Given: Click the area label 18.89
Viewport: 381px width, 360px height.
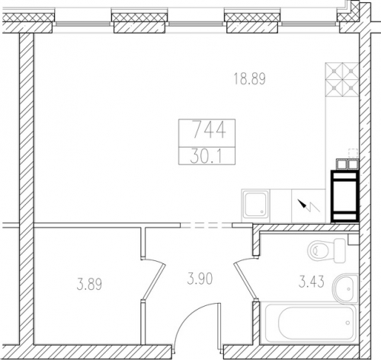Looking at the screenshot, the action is (x=249, y=78).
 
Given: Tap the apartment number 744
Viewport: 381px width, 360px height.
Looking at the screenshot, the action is (x=209, y=129).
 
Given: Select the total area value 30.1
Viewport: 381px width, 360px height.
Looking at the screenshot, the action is (x=207, y=157).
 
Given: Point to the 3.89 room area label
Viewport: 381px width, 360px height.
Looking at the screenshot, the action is (x=89, y=284).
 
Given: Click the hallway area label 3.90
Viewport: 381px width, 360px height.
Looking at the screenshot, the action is (x=200, y=279).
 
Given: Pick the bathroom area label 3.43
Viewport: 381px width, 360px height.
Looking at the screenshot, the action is (x=312, y=282).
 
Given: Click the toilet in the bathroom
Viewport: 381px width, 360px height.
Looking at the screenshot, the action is (x=327, y=250).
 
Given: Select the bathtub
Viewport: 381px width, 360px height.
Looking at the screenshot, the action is (x=311, y=323).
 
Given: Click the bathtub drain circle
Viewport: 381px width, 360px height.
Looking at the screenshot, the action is (x=347, y=323).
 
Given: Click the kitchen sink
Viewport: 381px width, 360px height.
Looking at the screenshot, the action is (x=255, y=205).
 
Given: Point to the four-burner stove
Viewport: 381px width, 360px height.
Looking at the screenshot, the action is (x=342, y=80).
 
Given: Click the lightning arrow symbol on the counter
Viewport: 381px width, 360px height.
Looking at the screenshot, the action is (x=309, y=206).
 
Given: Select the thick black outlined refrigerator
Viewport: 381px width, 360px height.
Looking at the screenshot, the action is (x=344, y=196).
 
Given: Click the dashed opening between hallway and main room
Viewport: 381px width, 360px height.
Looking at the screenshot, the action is (x=207, y=225).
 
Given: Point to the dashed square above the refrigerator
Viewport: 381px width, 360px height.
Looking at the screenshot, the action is (x=353, y=154).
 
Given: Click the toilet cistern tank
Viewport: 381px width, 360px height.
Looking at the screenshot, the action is (x=340, y=250).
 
